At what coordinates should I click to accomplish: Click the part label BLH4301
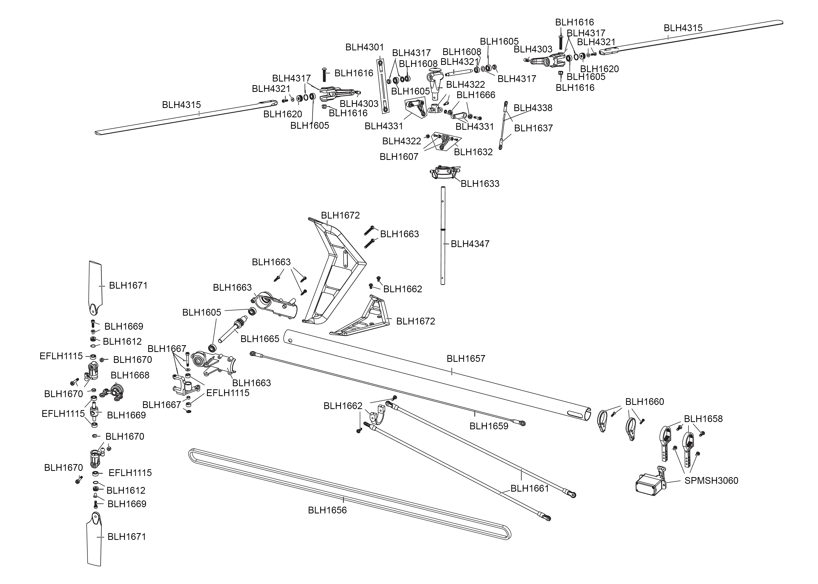pyautogui.click(x=364, y=47)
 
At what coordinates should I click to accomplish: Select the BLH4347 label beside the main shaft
pyautogui.click(x=470, y=244)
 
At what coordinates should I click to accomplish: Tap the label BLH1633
pyautogui.click(x=480, y=184)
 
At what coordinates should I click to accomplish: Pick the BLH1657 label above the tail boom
pyautogui.click(x=466, y=358)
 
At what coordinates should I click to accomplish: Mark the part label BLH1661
pyautogui.click(x=529, y=488)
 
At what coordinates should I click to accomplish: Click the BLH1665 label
pyautogui.click(x=260, y=339)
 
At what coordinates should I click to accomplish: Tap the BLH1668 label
pyautogui.click(x=130, y=375)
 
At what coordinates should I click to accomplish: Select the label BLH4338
pyautogui.click(x=533, y=108)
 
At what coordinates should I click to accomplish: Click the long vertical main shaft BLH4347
pyautogui.click(x=443, y=237)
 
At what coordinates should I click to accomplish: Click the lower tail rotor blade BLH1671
pyautogui.click(x=94, y=539)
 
